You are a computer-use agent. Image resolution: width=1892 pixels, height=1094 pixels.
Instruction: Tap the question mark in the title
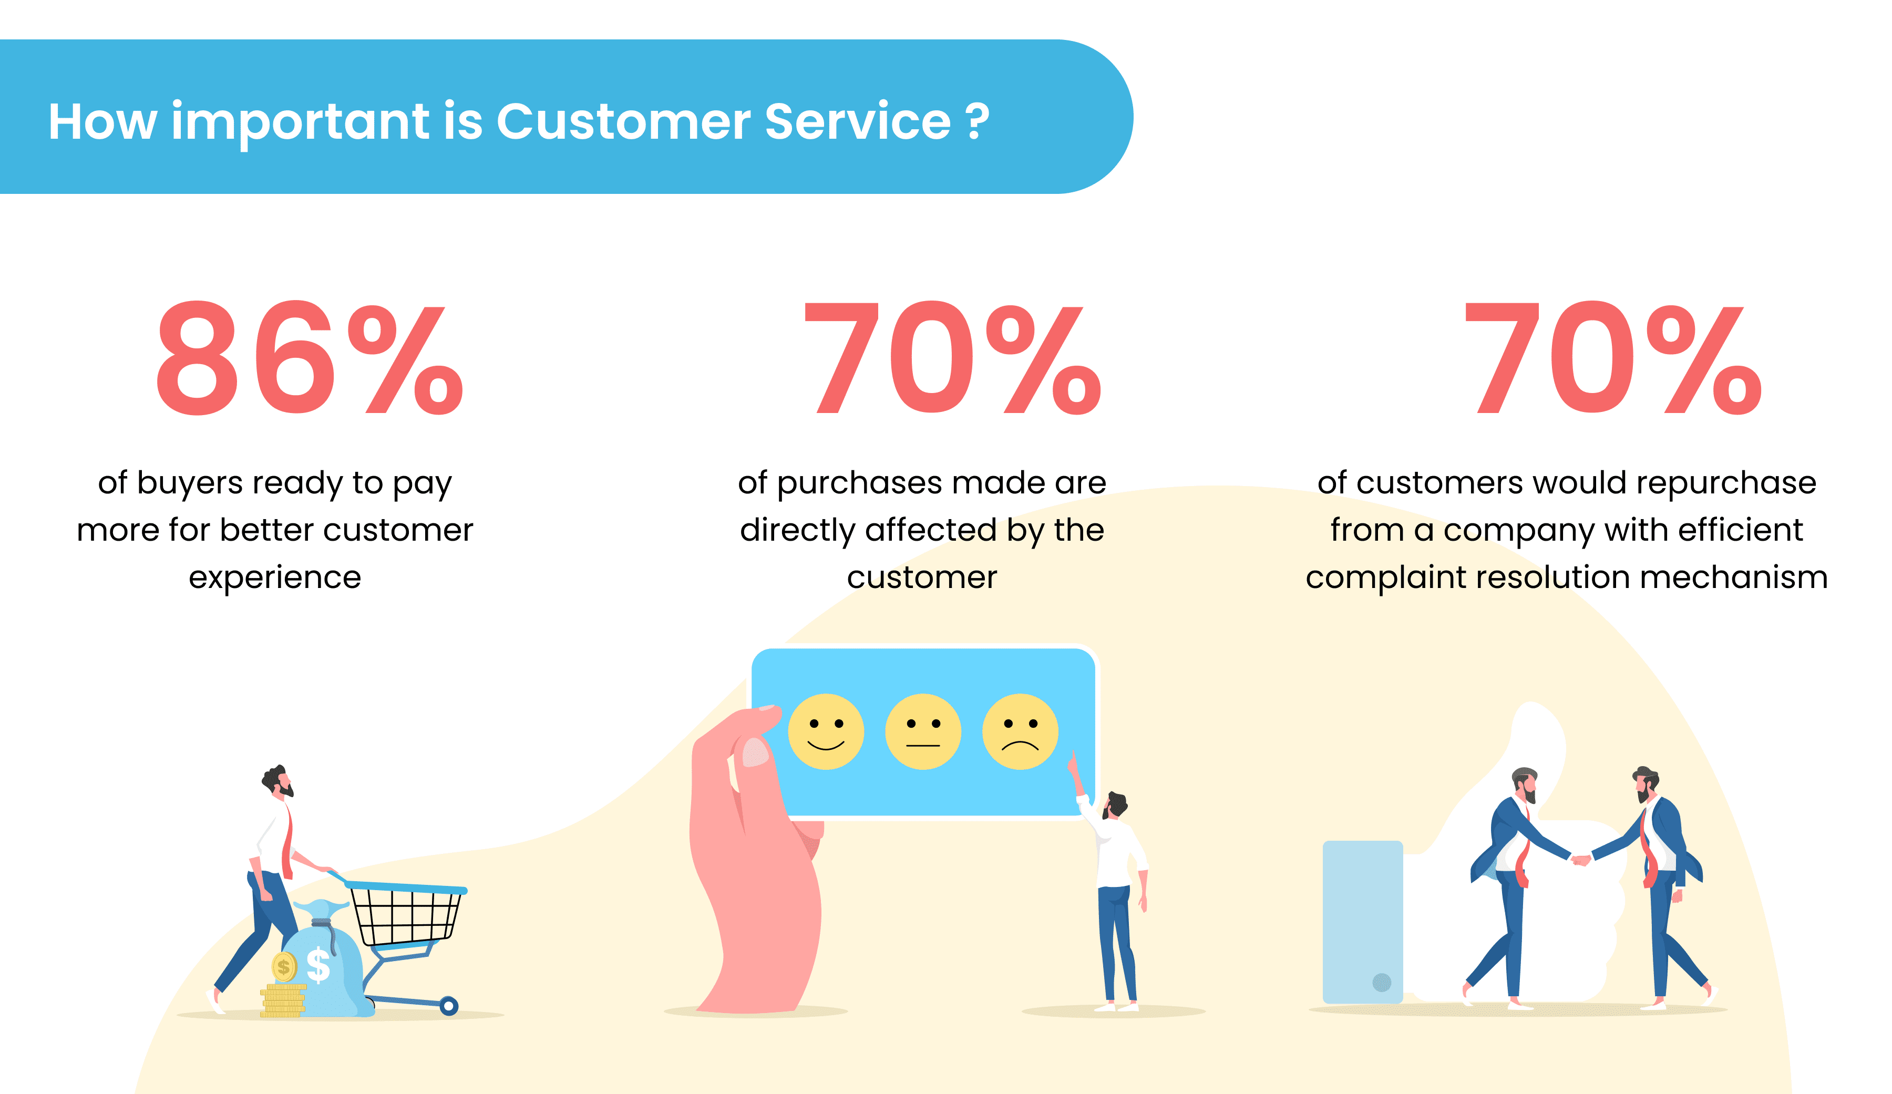pyautogui.click(x=977, y=121)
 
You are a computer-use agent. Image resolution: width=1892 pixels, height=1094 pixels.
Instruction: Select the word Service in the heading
pyautogui.click(x=857, y=121)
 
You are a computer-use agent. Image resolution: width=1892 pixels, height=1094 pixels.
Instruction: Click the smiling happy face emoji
pyautogui.click(x=826, y=731)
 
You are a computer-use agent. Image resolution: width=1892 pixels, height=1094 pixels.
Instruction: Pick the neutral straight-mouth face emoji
pyautogui.click(x=923, y=731)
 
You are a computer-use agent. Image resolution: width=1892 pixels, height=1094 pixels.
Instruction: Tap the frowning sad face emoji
pyautogui.click(x=1020, y=731)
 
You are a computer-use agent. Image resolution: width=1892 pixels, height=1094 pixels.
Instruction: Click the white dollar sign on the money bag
pyautogui.click(x=318, y=965)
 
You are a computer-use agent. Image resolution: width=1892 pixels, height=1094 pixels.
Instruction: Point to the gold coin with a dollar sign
pyautogui.click(x=284, y=967)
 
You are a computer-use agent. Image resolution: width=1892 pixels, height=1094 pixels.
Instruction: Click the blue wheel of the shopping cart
pyautogui.click(x=449, y=1005)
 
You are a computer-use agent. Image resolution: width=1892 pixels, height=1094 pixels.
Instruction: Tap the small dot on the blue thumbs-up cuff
pyautogui.click(x=1382, y=982)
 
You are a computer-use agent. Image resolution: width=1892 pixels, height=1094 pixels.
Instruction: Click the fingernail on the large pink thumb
pyautogui.click(x=755, y=751)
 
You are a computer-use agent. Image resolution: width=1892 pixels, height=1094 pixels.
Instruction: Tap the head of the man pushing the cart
pyautogui.click(x=278, y=781)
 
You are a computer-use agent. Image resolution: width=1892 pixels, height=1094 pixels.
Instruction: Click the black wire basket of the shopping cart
pyautogui.click(x=405, y=914)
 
